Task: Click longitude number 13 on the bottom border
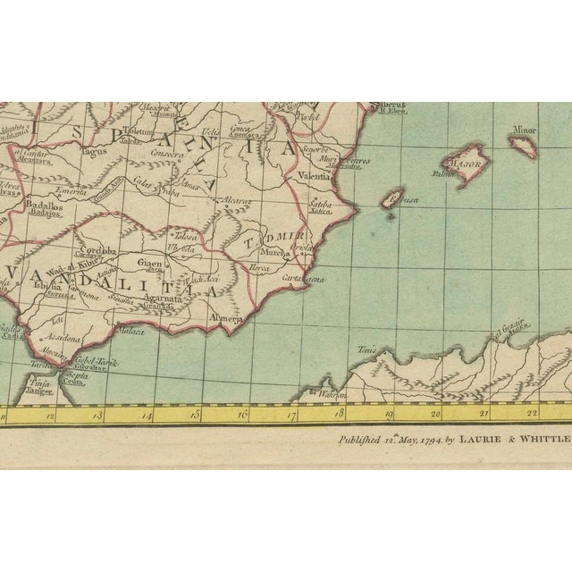pyautogui.click(x=100, y=416)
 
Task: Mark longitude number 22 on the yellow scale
pyautogui.click(x=531, y=413)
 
